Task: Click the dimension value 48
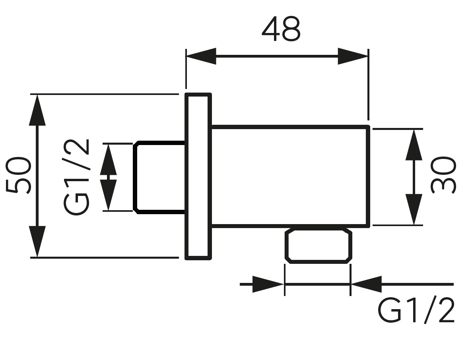[281, 30]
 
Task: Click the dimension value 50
[19, 175]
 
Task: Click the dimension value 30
[444, 175]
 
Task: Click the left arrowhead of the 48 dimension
[201, 56]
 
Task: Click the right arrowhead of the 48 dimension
[353, 56]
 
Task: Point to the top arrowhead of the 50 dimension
[37, 110]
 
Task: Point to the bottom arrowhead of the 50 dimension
[37, 242]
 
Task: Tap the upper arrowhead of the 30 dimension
[414, 145]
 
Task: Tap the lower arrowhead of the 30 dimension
[414, 210]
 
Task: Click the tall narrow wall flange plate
[198, 176]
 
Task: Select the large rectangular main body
[290, 176]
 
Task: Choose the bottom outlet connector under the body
[318, 246]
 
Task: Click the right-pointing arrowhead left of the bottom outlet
[268, 285]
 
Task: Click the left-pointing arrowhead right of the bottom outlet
[366, 285]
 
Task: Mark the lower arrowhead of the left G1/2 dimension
[108, 195]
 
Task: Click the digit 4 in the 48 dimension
[271, 30]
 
